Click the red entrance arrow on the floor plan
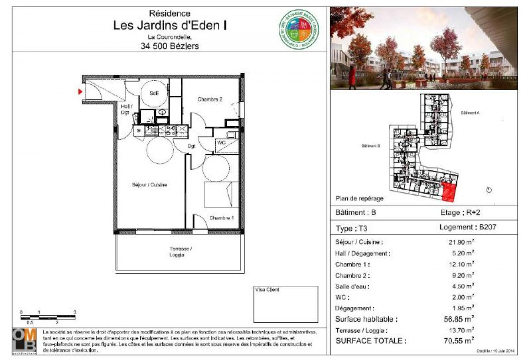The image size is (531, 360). [x=80, y=92]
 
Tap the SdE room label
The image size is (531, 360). [x=154, y=93]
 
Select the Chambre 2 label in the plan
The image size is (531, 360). [x=210, y=99]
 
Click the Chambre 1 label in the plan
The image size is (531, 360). [x=222, y=218]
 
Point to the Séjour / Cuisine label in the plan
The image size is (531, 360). [x=149, y=185]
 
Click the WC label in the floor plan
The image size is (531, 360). [x=221, y=142]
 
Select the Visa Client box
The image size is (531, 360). [x=286, y=304]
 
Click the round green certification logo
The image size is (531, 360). [x=299, y=30]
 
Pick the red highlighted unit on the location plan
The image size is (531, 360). [x=449, y=192]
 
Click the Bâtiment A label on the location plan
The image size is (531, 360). [x=470, y=113]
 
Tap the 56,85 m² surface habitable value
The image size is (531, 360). [x=459, y=319]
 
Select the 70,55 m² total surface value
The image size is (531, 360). [x=459, y=341]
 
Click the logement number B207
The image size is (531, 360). [x=487, y=227]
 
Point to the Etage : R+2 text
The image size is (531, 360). [x=460, y=213]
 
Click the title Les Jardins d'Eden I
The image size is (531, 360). [x=170, y=25]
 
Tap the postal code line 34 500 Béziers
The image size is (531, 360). [x=170, y=46]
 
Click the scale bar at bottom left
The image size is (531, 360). [x=48, y=316]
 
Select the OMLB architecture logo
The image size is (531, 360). [x=25, y=341]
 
